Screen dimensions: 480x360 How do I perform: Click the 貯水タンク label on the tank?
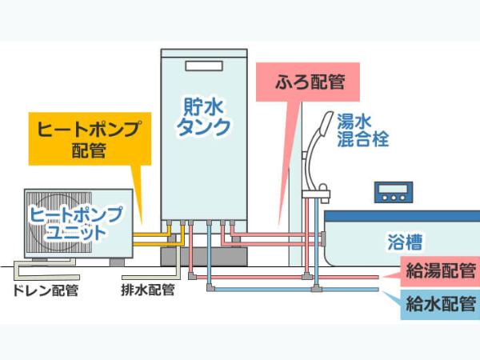pos(203,117)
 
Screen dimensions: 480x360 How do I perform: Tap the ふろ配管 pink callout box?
pos(308,82)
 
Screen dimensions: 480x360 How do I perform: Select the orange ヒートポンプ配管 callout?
pos(90,138)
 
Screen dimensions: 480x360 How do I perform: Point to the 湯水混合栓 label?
pos(362,130)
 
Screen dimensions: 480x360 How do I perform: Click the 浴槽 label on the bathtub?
pos(405,242)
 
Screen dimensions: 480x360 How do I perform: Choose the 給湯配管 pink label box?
pos(440,271)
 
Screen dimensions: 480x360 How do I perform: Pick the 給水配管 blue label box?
pos(440,304)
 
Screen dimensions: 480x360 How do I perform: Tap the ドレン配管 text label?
pos(46,290)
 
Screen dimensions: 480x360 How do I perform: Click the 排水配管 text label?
pos(148,290)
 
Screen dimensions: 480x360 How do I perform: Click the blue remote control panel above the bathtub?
pos(394,192)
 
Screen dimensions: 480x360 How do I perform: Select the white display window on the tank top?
pos(204,66)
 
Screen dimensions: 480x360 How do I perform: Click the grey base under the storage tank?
pos(204,257)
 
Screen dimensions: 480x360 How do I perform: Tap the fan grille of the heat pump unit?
pos(59,222)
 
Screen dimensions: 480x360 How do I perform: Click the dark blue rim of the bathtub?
pos(402,216)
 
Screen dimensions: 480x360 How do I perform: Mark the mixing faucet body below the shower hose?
pos(316,194)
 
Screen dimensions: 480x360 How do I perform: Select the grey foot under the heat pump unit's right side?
pos(118,262)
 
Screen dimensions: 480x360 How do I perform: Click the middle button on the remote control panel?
pos(394,198)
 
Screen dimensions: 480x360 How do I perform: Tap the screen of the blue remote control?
pos(394,188)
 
